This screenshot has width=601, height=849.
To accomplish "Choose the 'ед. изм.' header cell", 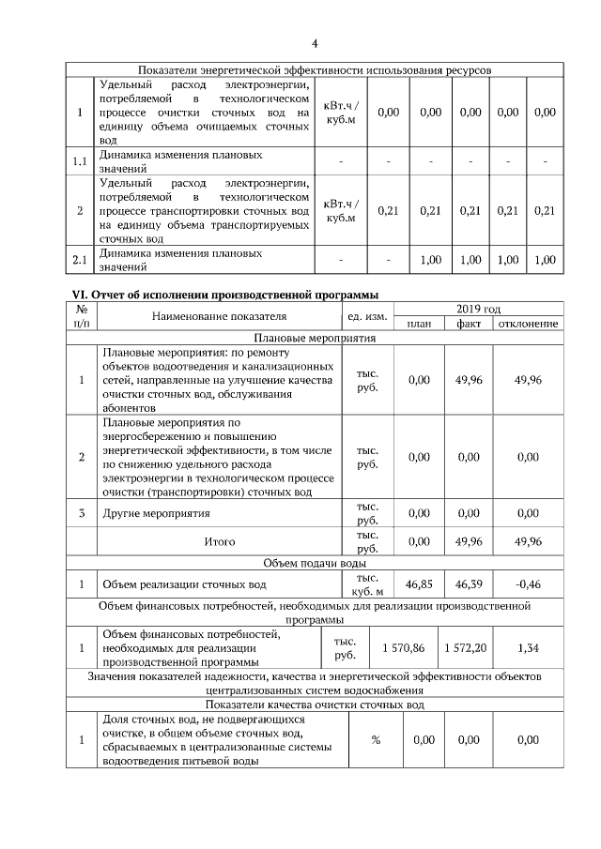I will (x=368, y=316).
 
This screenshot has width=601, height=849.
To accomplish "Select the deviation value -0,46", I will (x=528, y=584).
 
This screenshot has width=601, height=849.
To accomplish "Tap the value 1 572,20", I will (x=467, y=648).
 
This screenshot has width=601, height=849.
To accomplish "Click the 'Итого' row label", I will (x=220, y=541).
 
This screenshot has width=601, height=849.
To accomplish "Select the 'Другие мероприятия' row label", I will (x=156, y=513).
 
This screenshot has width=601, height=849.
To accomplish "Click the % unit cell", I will (x=375, y=740).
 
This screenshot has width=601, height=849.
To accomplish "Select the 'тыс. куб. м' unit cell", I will (x=368, y=584).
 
